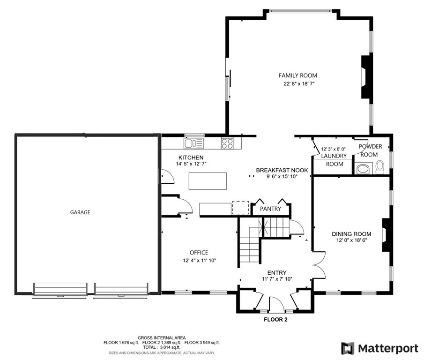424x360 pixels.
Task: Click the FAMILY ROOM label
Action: (298, 75)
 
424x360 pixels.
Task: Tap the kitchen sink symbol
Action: (193, 143)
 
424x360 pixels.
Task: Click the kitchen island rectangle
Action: (208, 181)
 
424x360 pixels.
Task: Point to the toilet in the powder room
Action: (379, 166)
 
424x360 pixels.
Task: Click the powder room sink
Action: (362, 168)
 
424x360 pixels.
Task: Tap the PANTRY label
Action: (271, 209)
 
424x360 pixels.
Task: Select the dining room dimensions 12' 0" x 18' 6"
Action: (351, 240)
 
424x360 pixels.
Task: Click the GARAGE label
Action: (80, 212)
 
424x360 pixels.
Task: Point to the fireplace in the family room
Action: (365, 77)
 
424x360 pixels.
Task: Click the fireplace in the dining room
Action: (386, 236)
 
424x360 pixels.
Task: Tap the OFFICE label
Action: (199, 253)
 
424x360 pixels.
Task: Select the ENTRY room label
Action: (277, 273)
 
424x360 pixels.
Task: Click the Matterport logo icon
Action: (347, 348)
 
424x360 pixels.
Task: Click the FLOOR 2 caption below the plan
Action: (275, 320)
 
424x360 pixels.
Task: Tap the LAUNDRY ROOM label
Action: (334, 160)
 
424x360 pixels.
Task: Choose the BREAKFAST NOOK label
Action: (282, 170)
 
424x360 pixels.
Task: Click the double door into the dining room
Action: (319, 264)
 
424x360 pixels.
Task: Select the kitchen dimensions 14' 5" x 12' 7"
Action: (191, 164)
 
